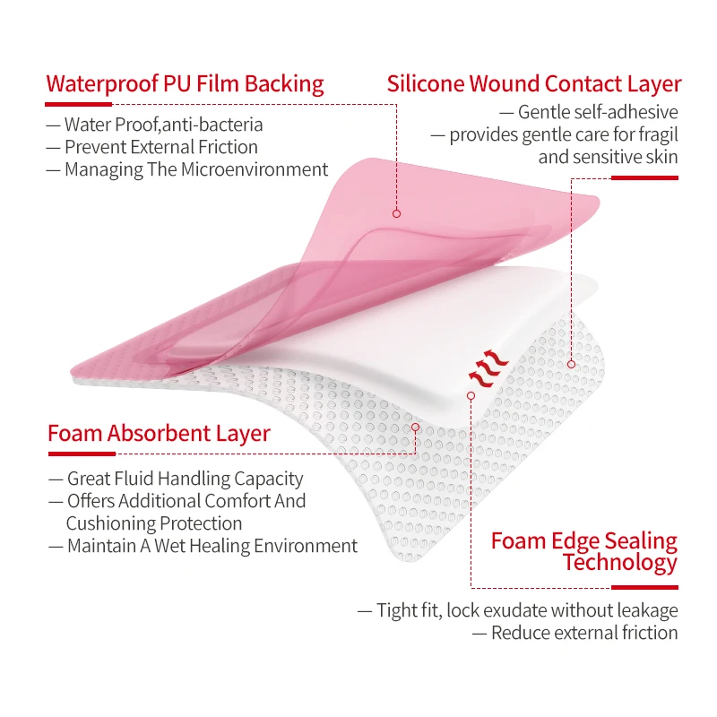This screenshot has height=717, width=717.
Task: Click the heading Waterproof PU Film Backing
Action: click(x=185, y=84)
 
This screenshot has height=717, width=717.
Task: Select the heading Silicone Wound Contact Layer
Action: click(x=534, y=84)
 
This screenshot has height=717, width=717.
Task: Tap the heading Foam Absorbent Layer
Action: click(x=159, y=434)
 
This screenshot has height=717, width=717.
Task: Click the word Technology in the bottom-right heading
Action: click(x=620, y=563)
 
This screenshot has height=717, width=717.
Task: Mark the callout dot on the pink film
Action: click(x=395, y=214)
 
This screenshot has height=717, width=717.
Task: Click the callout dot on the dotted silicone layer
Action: click(x=572, y=364)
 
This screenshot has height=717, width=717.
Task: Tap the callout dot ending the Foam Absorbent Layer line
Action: click(x=416, y=428)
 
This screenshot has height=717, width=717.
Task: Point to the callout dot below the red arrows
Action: click(x=471, y=394)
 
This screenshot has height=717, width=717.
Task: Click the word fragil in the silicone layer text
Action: click(x=655, y=134)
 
